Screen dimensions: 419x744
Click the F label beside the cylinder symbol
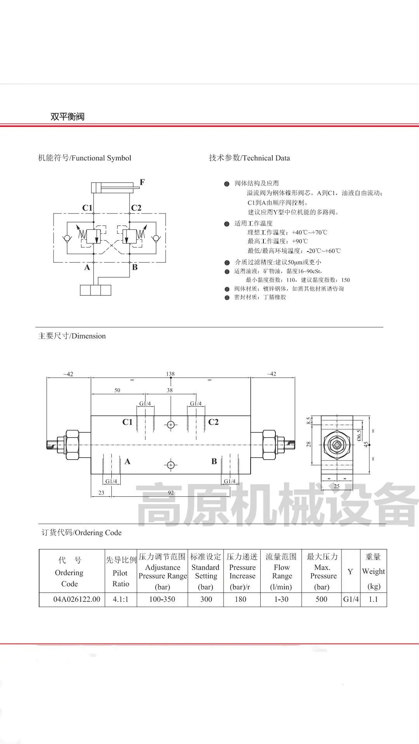[x=142, y=182]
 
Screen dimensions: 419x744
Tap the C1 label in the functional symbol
[x=87, y=208]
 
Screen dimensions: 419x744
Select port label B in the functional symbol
[x=135, y=267]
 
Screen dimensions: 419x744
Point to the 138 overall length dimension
[x=170, y=374]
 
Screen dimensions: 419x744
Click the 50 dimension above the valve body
[x=117, y=390]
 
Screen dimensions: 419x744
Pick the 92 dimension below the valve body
[x=171, y=493]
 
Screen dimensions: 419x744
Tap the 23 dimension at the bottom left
[x=101, y=493]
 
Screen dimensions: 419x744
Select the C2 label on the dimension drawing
[x=213, y=422]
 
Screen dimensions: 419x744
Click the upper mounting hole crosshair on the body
[x=171, y=425]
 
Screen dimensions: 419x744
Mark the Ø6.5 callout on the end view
[x=359, y=435]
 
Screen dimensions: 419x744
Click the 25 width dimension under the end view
[x=337, y=486]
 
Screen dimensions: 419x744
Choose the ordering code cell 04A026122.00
[x=77, y=599]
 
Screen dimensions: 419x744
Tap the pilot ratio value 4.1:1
[x=121, y=599]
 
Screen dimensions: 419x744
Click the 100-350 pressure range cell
[x=162, y=599]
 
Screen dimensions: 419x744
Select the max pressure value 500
[x=322, y=599]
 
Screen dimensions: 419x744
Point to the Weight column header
[x=373, y=572]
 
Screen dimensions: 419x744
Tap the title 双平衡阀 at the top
[x=68, y=117]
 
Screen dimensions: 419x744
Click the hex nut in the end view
[x=337, y=445]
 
